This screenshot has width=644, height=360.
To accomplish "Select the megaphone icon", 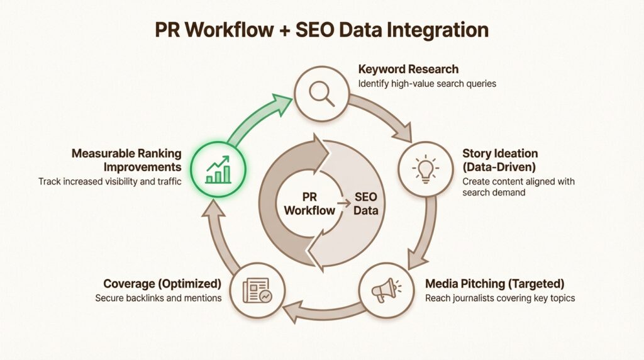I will pyautogui.click(x=386, y=290).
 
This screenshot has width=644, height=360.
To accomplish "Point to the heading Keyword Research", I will pyautogui.click(x=408, y=69).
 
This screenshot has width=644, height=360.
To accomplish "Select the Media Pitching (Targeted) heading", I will pyautogui.click(x=494, y=283).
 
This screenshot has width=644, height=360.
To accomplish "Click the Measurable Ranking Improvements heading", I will pyautogui.click(x=126, y=160).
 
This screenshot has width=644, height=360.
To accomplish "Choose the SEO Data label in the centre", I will pyautogui.click(x=365, y=203).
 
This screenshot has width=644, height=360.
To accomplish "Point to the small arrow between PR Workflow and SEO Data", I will pyautogui.click(x=342, y=203).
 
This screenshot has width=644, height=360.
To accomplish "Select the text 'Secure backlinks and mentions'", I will pyautogui.click(x=158, y=298).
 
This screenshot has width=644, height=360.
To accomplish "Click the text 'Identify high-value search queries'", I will pyautogui.click(x=427, y=83).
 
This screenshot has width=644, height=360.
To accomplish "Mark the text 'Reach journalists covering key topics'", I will pyautogui.click(x=500, y=298).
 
